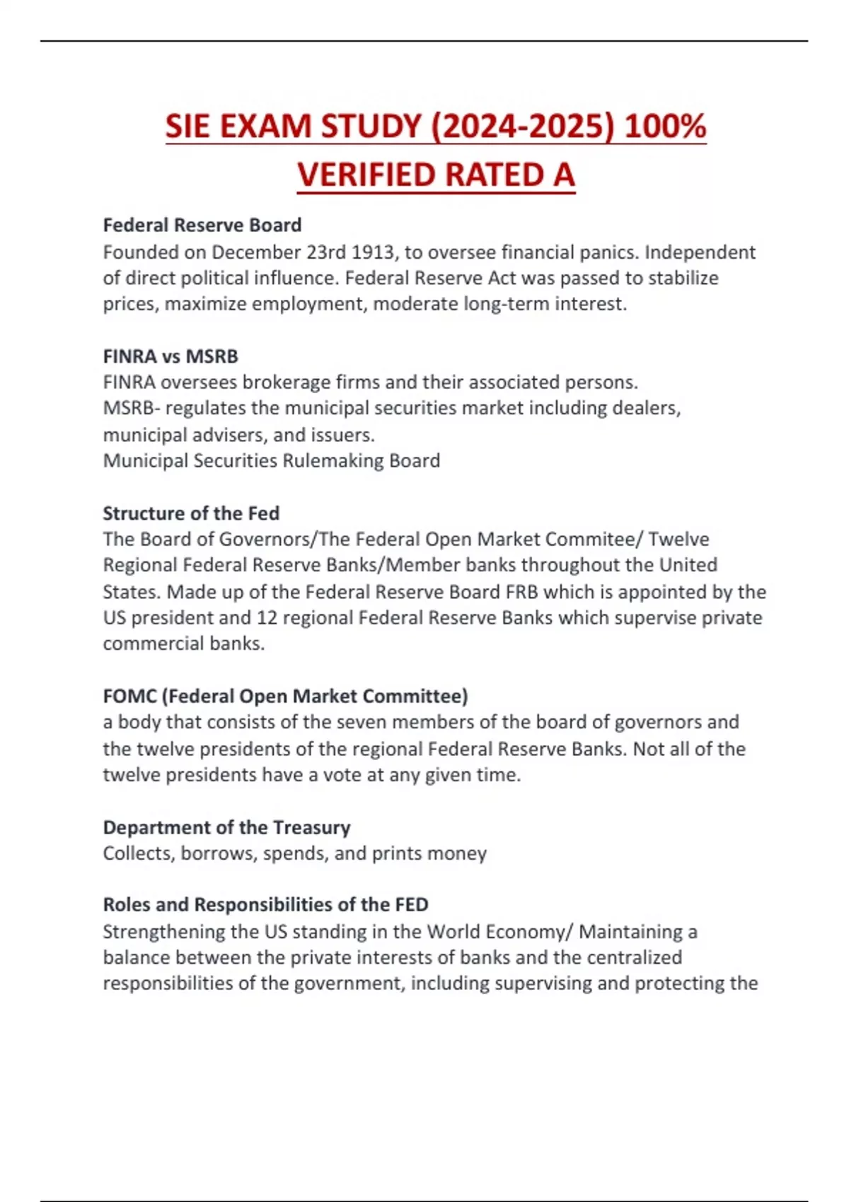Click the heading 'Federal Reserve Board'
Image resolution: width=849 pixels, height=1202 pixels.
click(x=202, y=226)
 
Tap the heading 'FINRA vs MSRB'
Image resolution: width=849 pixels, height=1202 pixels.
click(x=171, y=356)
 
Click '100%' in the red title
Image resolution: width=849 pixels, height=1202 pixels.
click(x=665, y=127)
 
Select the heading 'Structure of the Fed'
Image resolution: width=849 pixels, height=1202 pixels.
click(x=191, y=513)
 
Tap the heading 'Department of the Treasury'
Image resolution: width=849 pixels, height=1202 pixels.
click(x=226, y=827)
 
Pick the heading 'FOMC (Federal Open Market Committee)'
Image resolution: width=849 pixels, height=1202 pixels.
click(x=285, y=696)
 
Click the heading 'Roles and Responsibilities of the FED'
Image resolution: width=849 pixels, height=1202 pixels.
click(x=265, y=905)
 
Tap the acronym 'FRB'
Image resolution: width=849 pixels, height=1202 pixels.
click(x=522, y=592)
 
